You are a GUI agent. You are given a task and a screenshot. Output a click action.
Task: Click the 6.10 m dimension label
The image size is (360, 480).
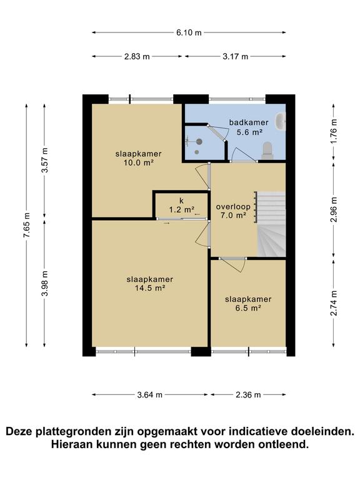coord(189,32)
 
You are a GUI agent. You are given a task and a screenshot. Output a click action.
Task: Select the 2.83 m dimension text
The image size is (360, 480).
coord(137,56)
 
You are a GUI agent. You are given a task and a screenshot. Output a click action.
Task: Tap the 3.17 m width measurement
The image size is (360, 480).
coord(235,56)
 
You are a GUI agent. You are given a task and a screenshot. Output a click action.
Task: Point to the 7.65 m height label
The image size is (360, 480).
coord(27,225)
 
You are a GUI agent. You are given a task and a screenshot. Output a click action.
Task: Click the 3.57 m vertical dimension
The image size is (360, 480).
coord(45,160)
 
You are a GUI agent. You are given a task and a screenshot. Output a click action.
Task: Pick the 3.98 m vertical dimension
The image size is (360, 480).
coord(45,284)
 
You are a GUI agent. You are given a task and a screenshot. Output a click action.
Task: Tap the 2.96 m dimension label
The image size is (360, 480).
coord(334,210)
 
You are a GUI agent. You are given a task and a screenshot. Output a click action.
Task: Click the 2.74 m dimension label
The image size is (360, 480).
coord(334,303)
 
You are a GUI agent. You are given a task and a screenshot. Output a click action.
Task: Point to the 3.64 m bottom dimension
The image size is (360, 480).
coord(149,395)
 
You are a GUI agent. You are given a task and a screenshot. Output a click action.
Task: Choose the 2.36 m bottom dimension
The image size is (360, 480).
coord(248,395)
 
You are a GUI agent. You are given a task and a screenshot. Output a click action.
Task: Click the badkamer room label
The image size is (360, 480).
coord(249,122)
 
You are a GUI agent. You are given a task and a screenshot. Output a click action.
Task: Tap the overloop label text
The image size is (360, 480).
coord(233,207)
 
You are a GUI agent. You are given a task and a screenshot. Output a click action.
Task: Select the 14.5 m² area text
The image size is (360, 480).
coord(150,288)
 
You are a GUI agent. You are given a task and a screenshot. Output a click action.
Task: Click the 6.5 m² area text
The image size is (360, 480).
coord(248,308)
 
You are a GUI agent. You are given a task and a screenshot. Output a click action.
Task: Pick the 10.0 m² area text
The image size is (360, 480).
coord(138,162)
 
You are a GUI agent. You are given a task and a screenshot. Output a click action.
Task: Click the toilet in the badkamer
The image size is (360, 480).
coord(268,151)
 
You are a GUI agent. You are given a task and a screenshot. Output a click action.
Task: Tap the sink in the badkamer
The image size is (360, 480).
coord(281,121)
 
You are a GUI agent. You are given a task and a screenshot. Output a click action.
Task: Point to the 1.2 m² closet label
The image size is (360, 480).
coord(181,210)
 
